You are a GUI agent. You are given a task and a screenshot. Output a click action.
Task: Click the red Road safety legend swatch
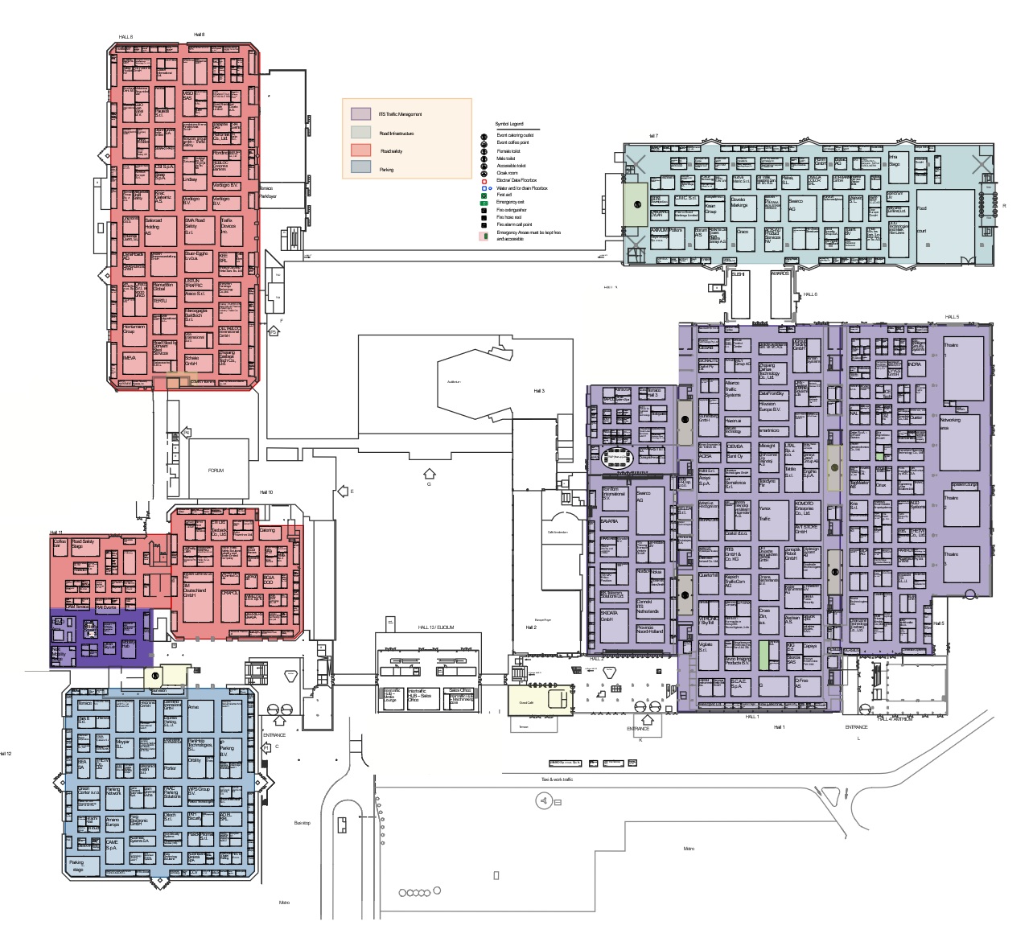pos(360,150)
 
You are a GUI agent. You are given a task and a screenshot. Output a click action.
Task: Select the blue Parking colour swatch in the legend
pos(360,168)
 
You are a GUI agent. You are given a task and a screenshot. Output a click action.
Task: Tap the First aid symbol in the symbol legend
pos(484,195)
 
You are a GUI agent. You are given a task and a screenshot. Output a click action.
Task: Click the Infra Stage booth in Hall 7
pos(897,161)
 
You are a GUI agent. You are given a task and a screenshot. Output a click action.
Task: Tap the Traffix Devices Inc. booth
pos(230,228)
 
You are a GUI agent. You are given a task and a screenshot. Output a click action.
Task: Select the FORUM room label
pos(216,470)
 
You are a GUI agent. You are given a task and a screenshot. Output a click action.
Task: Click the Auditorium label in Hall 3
pos(454,381)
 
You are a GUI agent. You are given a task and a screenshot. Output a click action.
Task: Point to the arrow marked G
pos(429,474)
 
